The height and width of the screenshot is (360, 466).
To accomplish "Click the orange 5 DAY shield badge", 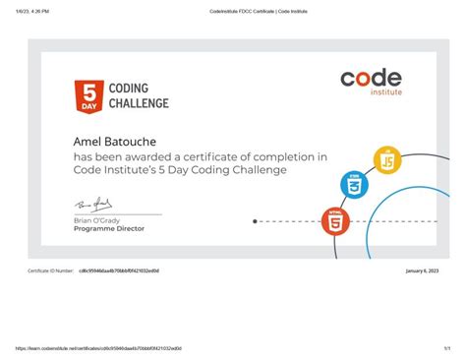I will [x=88, y=95].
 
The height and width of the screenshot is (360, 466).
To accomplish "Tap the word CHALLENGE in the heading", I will [x=138, y=103].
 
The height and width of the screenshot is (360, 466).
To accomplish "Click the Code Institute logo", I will [x=371, y=82].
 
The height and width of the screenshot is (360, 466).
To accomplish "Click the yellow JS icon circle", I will [x=387, y=158].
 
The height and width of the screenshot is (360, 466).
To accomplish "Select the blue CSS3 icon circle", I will [x=354, y=184].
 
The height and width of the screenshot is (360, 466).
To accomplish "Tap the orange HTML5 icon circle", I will [x=336, y=220].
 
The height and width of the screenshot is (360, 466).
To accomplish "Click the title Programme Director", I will [x=108, y=228].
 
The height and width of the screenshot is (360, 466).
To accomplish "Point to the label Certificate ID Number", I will [x=50, y=270].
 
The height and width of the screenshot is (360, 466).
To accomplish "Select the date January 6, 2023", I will [x=422, y=270].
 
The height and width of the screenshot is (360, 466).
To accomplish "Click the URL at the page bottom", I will [x=97, y=348].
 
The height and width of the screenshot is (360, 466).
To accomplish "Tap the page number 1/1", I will [x=446, y=348].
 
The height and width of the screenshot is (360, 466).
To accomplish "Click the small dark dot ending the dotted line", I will [x=255, y=221].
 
